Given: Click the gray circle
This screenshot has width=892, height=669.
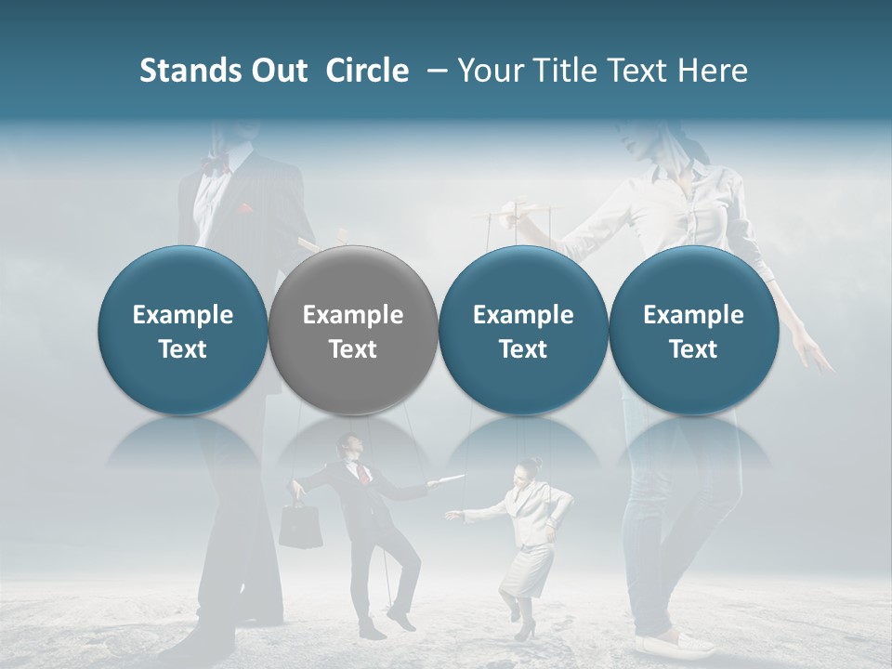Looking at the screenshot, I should [352, 331].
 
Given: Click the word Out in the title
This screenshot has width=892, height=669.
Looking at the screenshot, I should [276, 71].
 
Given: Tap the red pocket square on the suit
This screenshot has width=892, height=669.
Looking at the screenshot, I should [245, 209].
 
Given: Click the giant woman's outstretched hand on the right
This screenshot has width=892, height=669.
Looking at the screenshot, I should [812, 355].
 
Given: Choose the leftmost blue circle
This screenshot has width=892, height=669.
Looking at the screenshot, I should [182, 331].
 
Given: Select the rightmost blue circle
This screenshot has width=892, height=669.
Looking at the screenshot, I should [693, 331].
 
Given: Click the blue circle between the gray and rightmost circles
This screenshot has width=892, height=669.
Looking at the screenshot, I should [523, 331].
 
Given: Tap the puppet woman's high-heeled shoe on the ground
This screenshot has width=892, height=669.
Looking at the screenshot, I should [526, 632].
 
